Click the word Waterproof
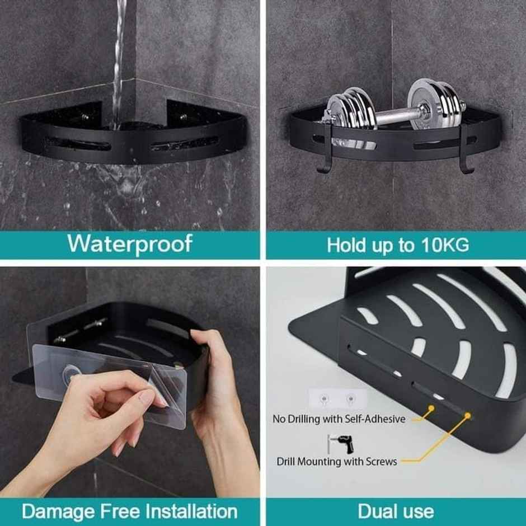pos(130,244)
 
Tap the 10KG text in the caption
pos(445,245)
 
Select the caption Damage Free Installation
pos(130,511)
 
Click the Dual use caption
pos(396,511)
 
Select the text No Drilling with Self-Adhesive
pos(339,419)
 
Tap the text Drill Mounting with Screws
pos(337,462)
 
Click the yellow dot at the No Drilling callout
pos(431,409)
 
